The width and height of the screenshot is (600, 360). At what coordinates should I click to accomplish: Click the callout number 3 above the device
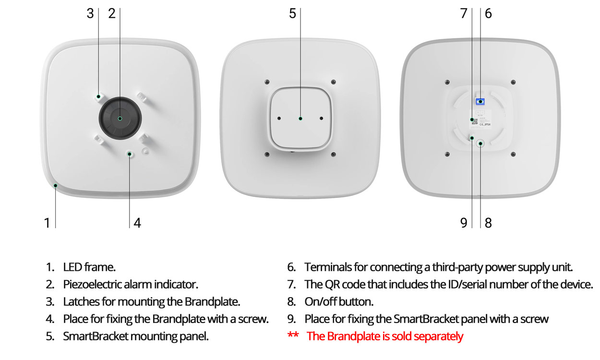[90, 13]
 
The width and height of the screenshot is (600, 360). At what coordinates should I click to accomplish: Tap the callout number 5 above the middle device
[292, 13]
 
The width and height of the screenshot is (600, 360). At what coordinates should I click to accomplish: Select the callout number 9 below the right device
[464, 223]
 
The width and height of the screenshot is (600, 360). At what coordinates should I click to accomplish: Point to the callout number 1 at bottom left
[47, 223]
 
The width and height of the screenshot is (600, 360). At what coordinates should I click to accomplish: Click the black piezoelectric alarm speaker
[120, 118]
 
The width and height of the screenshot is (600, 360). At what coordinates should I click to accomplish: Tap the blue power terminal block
[480, 101]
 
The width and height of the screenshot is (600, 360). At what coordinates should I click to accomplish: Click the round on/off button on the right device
[480, 144]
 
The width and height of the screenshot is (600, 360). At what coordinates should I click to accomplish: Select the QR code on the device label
[474, 121]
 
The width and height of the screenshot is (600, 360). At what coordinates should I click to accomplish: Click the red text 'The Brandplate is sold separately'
[385, 336]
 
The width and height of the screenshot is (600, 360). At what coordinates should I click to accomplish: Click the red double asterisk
[293, 335]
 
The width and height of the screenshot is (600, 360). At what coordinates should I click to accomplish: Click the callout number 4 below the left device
[137, 223]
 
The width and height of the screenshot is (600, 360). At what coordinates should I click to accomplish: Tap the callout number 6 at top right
[488, 13]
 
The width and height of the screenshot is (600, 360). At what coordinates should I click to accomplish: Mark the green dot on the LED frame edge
[56, 185]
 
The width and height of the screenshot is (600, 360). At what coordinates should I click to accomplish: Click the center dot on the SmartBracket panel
[300, 119]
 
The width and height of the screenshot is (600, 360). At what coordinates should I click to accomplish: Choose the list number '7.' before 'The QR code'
[291, 285]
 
